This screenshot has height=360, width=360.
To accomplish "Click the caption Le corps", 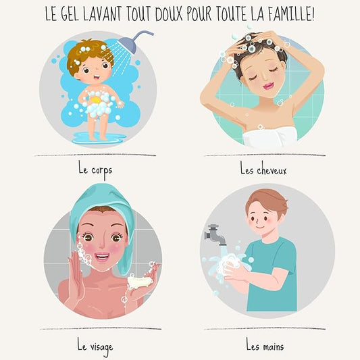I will click(x=95, y=169).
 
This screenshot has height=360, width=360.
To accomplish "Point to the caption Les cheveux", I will click(x=263, y=170).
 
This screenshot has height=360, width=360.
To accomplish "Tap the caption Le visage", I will click(x=95, y=347).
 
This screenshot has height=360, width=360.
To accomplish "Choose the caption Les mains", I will click(x=265, y=347).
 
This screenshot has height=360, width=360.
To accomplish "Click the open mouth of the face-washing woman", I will click(x=101, y=257).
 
